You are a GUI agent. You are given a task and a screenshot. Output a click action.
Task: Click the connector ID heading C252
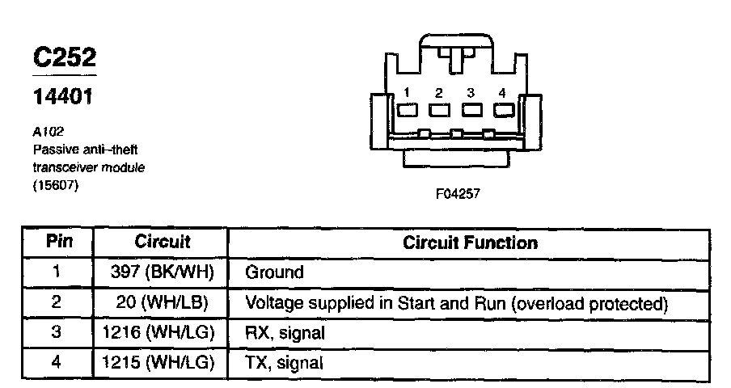(x=64, y=57)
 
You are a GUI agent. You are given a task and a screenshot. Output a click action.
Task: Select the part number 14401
(x=64, y=99)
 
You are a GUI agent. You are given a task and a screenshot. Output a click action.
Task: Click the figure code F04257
(x=458, y=194)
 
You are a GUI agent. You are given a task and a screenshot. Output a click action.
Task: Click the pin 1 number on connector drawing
(x=408, y=91)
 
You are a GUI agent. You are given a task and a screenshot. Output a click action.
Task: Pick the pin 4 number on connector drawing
(x=503, y=91)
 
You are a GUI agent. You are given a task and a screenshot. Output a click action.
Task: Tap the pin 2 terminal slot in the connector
(x=439, y=110)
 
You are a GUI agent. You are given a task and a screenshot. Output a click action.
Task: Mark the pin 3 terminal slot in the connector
(x=471, y=110)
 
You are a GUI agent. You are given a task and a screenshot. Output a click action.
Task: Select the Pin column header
(x=59, y=242)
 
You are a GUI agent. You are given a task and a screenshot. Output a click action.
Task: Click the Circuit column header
(x=162, y=242)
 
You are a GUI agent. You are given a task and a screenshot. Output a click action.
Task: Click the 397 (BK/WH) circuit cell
(x=162, y=272)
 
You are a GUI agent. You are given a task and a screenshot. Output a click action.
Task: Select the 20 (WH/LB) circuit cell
(x=162, y=303)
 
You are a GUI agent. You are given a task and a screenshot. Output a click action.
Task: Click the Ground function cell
(x=274, y=272)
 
